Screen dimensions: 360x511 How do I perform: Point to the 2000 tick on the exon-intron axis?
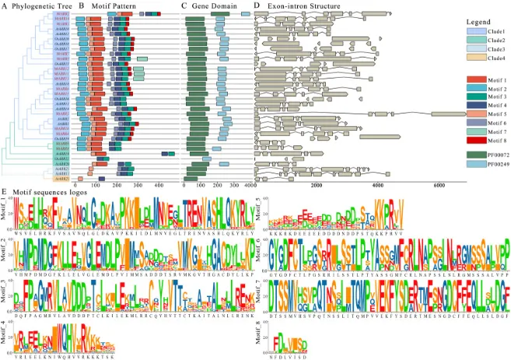point(317,185)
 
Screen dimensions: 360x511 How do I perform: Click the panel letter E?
point(5,190)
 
